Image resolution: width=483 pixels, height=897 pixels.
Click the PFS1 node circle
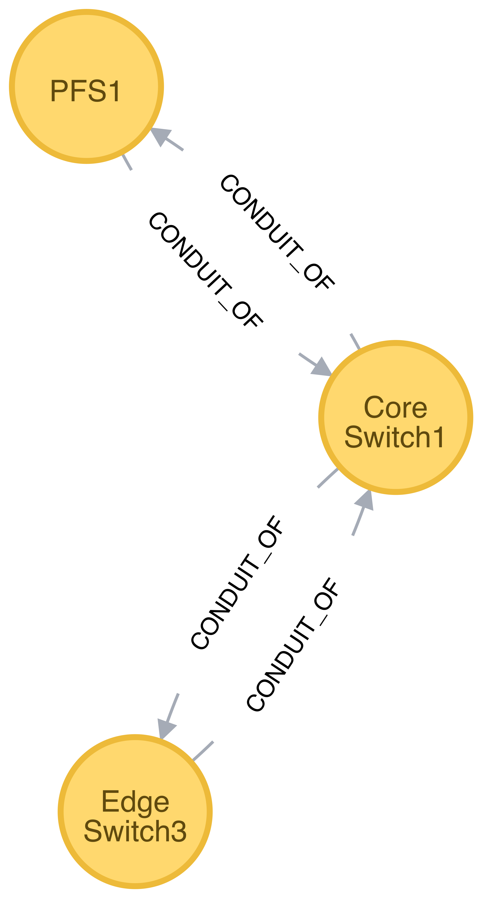(86, 86)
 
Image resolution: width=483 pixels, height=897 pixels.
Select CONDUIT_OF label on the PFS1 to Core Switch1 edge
(206, 270)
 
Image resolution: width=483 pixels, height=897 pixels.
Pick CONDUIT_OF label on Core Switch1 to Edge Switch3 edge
(238, 582)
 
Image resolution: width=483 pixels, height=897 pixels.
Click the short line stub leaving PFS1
(127, 162)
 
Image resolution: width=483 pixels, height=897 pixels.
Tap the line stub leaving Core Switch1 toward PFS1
(355, 341)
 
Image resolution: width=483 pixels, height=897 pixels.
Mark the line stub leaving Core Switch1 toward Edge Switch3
(328, 478)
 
